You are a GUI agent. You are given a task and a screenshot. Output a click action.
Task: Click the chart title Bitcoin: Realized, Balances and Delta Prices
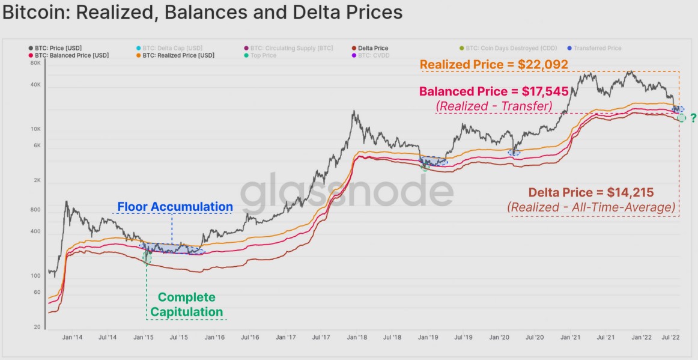202,13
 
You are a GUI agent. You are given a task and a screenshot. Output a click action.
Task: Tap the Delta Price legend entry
373,48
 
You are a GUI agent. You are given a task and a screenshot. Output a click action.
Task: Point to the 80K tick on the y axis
35,63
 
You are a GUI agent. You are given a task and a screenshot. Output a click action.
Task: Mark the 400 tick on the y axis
35,232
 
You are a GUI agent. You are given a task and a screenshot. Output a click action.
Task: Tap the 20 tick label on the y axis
37,327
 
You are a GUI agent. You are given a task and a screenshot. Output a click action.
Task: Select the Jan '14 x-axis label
73,338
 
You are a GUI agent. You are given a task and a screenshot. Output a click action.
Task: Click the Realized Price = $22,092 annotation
494,64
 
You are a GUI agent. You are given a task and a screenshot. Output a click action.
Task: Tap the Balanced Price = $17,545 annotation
493,92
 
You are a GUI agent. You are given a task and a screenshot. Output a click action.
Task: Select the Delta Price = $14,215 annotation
591,193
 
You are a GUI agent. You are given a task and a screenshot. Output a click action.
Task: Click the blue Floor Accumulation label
174,207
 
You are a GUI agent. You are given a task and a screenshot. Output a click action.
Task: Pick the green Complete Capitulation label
186,305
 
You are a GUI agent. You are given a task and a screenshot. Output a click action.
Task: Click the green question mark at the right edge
693,118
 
